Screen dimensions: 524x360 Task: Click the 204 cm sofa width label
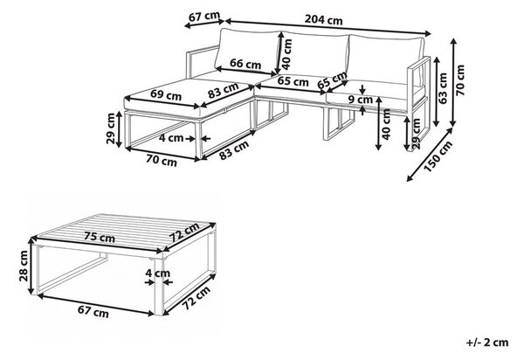323,20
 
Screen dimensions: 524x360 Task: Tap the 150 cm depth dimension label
438,156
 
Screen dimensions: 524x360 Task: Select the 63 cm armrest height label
443,88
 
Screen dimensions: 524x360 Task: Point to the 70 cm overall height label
460,80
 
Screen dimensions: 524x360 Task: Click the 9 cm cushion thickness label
360,100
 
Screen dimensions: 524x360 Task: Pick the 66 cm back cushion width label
245,64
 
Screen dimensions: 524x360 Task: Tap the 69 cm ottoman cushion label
166,95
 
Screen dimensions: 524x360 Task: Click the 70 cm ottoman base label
162,161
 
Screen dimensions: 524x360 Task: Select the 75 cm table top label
100,237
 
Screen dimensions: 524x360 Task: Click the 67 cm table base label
93,312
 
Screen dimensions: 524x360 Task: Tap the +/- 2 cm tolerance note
487,343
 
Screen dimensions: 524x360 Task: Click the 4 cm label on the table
158,273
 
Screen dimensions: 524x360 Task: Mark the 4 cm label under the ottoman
171,137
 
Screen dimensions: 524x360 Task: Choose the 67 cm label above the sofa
204,17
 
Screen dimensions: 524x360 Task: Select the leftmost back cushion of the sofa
248,52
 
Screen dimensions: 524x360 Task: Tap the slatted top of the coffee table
124,232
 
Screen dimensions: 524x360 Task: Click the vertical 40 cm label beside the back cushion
287,54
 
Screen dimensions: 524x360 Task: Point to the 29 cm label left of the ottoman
111,128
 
